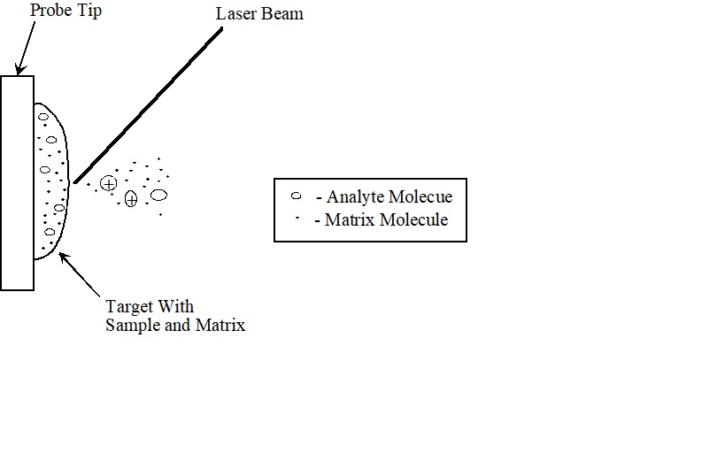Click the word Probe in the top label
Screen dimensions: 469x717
pyautogui.click(x=50, y=11)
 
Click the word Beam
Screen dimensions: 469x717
pyautogui.click(x=282, y=14)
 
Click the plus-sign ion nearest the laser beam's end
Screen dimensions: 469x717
pyautogui.click(x=108, y=183)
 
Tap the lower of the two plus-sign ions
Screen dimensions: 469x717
pyautogui.click(x=131, y=199)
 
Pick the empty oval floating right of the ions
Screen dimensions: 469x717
pyautogui.click(x=158, y=195)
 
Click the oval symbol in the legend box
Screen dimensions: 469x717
pyautogui.click(x=297, y=196)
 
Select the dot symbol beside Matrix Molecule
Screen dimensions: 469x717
pyautogui.click(x=297, y=218)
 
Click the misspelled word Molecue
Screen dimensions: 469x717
pyautogui.click(x=422, y=197)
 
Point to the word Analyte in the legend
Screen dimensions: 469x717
pyautogui.click(x=356, y=197)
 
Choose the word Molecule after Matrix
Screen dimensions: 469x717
pyautogui.click(x=413, y=219)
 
